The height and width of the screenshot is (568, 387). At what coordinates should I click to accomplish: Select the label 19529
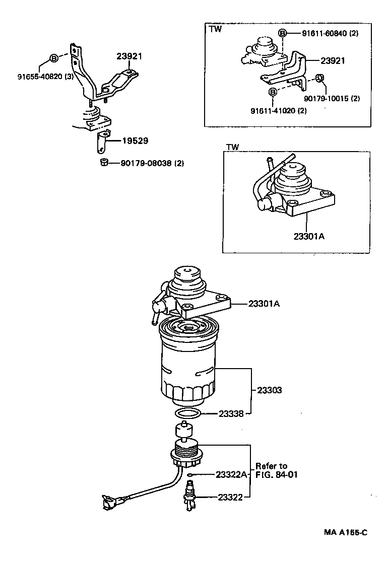(135, 141)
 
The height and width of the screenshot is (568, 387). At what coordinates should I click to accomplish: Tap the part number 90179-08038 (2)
(152, 163)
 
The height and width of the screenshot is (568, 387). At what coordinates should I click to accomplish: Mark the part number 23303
(269, 390)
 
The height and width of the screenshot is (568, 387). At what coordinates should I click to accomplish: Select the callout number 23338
(231, 413)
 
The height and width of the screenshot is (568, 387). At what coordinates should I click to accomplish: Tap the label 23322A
(231, 474)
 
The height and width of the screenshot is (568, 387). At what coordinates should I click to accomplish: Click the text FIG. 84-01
(277, 474)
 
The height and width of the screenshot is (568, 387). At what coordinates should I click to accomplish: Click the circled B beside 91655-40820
(54, 57)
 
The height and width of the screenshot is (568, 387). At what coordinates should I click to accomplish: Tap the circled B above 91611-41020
(273, 92)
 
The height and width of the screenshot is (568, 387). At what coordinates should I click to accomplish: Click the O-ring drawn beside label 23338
(187, 413)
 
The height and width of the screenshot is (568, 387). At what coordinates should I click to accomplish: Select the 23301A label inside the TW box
(307, 235)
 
